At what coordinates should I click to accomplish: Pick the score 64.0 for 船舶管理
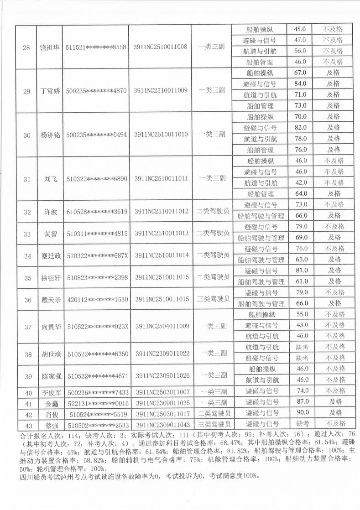point(300,193)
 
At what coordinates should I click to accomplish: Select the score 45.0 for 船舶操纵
point(300,29)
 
